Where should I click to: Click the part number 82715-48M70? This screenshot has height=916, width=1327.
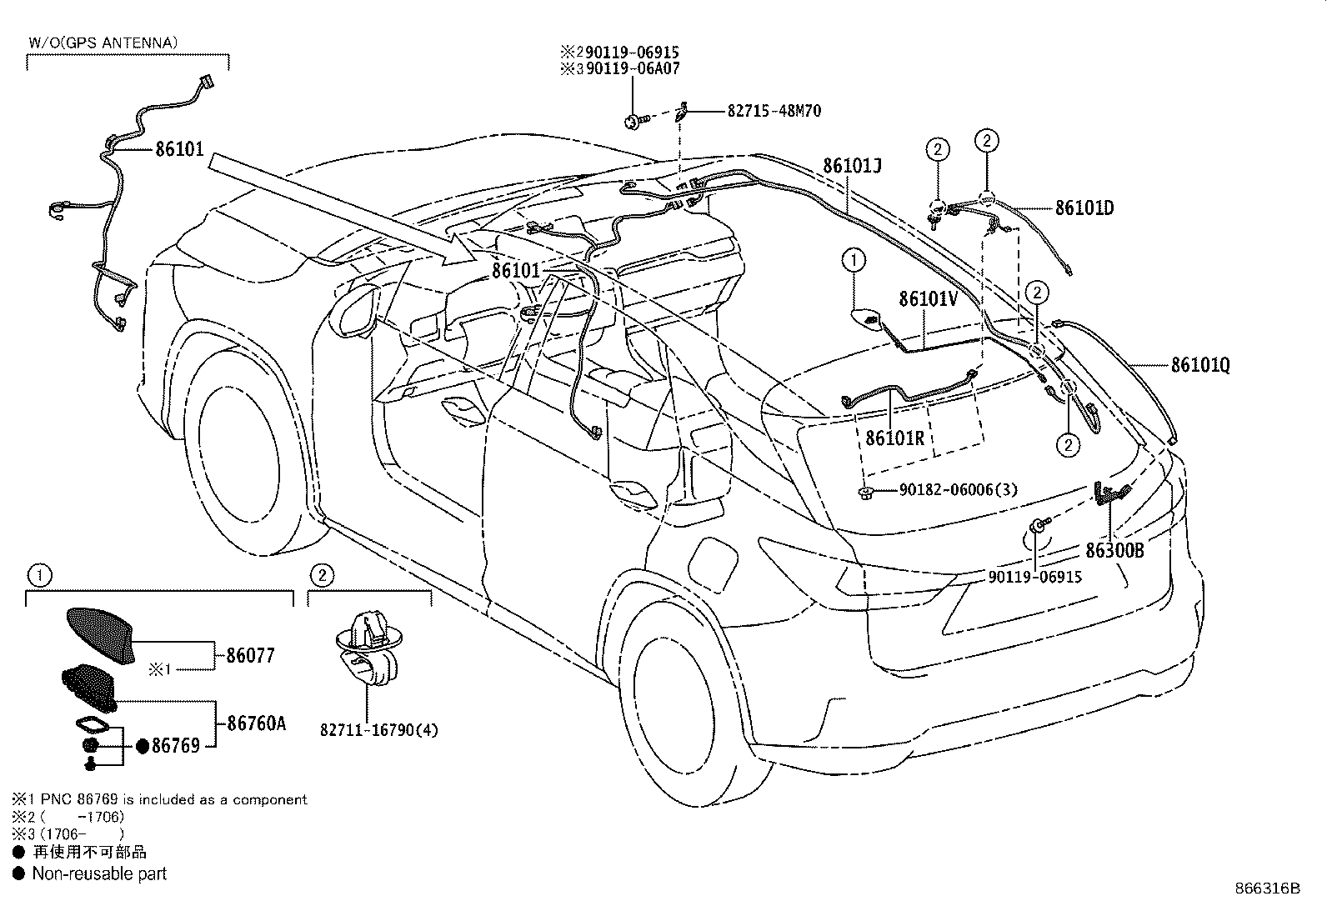[774, 111]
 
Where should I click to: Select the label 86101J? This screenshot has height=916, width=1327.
[852, 165]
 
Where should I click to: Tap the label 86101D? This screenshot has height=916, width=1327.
[1084, 208]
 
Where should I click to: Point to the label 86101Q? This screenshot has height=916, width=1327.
[1200, 364]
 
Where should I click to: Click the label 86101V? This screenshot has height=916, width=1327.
[928, 298]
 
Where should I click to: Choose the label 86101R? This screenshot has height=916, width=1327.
[894, 438]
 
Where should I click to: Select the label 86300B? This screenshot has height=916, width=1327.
[1114, 550]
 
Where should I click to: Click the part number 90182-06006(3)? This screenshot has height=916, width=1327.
[958, 489]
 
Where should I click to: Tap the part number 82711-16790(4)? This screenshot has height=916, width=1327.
[379, 730]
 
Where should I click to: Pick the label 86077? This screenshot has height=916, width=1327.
[251, 655]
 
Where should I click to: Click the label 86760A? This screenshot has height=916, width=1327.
[257, 723]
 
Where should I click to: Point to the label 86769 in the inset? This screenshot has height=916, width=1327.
[175, 745]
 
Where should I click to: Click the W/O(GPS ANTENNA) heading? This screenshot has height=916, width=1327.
[103, 43]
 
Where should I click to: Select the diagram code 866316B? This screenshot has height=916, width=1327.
[1267, 888]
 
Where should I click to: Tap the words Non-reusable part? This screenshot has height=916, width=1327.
[99, 873]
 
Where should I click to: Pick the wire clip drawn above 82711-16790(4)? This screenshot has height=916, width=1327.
[368, 648]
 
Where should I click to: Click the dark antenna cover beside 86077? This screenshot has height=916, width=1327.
[101, 635]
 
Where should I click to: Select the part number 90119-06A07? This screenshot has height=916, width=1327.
[632, 68]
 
